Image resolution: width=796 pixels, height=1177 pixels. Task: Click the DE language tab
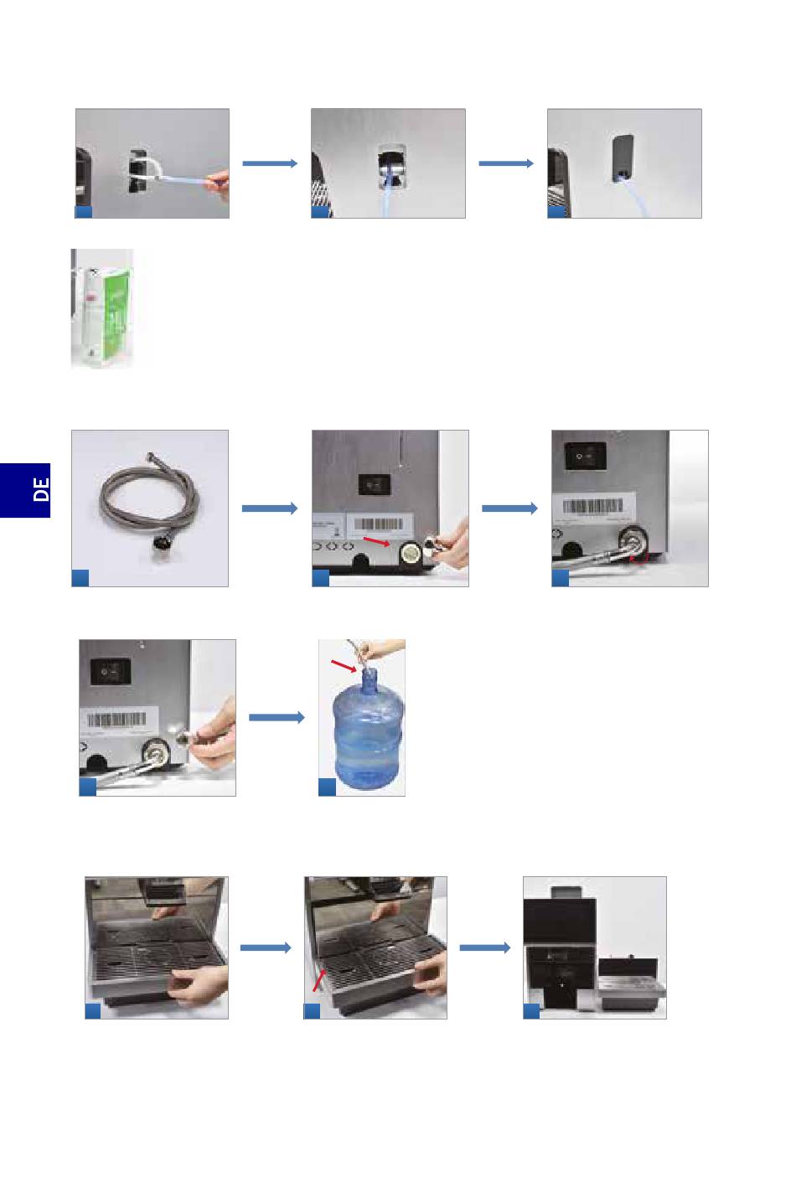[x=25, y=489]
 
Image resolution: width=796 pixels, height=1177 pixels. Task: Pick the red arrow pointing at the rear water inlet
[x=375, y=543]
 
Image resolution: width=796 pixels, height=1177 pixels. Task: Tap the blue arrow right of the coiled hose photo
[x=269, y=508]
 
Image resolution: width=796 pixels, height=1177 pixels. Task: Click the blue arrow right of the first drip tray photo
[x=266, y=947]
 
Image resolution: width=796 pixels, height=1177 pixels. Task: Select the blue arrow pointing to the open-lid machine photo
[x=485, y=947]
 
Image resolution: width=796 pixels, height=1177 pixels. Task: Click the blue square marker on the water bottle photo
[x=328, y=787]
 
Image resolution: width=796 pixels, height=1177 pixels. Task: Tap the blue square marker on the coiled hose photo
[x=81, y=577]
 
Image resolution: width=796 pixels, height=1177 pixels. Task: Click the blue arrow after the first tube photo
[x=270, y=163]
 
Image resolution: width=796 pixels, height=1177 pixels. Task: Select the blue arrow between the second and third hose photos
[x=509, y=508]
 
